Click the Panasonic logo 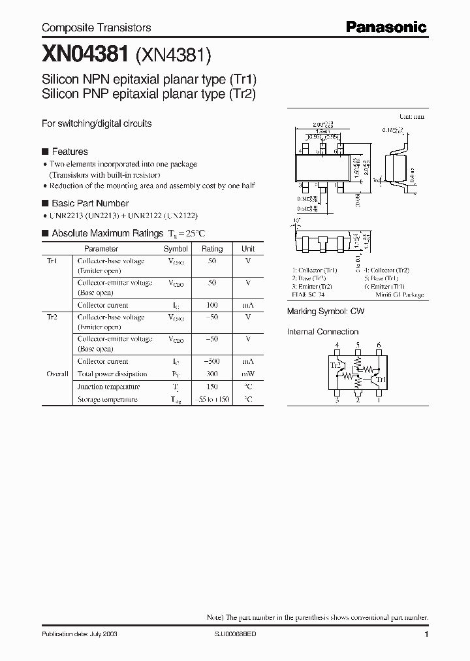point(386,27)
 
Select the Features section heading point(69,152)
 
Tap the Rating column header point(212,249)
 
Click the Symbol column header point(176,249)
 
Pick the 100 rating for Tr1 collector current point(212,305)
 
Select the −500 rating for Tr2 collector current point(212,361)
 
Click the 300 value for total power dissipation point(212,374)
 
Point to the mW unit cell point(248,374)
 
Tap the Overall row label point(57,374)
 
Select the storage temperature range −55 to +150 point(212,399)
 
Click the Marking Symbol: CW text point(326,312)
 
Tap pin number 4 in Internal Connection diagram point(337,345)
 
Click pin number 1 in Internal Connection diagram point(379,401)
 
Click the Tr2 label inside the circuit point(336,365)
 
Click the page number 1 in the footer point(426,634)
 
